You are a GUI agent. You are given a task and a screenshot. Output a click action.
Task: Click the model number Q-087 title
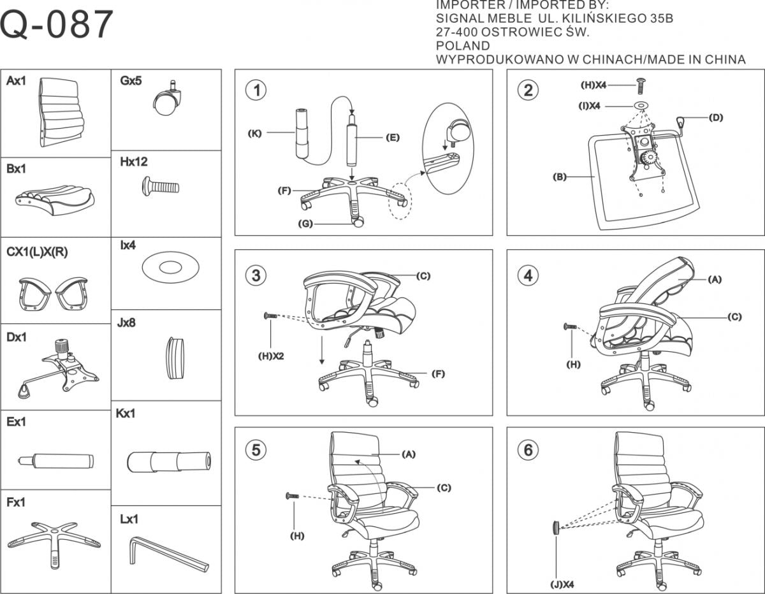point(57,25)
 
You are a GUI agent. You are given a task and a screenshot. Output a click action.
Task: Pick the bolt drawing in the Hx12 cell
point(159,187)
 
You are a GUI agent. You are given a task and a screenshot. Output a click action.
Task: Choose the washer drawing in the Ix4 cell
point(167,266)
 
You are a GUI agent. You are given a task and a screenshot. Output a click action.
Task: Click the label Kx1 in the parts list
point(126,414)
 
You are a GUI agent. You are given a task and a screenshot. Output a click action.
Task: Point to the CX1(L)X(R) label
point(37,252)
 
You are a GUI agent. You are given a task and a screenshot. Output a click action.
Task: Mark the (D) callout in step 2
point(716,117)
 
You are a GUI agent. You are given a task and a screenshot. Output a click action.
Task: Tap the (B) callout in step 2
point(559,177)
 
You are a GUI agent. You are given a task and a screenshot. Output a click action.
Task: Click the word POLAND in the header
point(463,46)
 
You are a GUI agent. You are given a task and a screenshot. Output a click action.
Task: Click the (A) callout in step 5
point(409,454)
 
